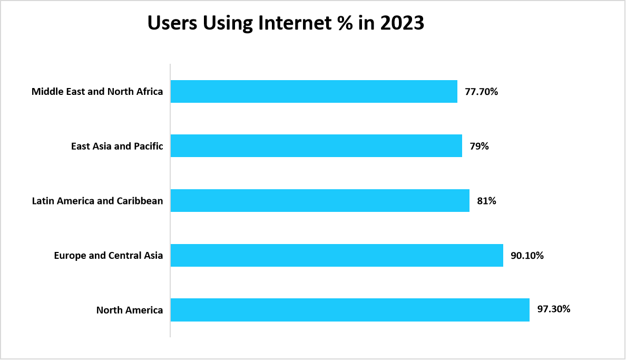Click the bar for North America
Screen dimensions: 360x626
point(350,310)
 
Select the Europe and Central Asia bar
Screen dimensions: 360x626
point(337,255)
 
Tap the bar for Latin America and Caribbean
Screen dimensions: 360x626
point(320,201)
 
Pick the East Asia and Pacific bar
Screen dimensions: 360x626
point(316,146)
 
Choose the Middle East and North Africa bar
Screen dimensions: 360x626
point(314,91)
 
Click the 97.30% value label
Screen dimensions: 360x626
point(553,309)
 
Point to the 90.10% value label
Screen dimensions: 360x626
point(527,256)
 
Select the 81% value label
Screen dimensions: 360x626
point(486,201)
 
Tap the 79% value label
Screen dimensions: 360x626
point(479,146)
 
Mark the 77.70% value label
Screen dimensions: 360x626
point(481,91)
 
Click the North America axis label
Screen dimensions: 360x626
point(130,310)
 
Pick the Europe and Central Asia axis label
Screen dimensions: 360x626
point(109,256)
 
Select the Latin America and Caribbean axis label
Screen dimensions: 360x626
point(97,201)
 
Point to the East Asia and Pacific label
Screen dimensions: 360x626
point(117,146)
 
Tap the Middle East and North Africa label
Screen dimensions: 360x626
point(97,91)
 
